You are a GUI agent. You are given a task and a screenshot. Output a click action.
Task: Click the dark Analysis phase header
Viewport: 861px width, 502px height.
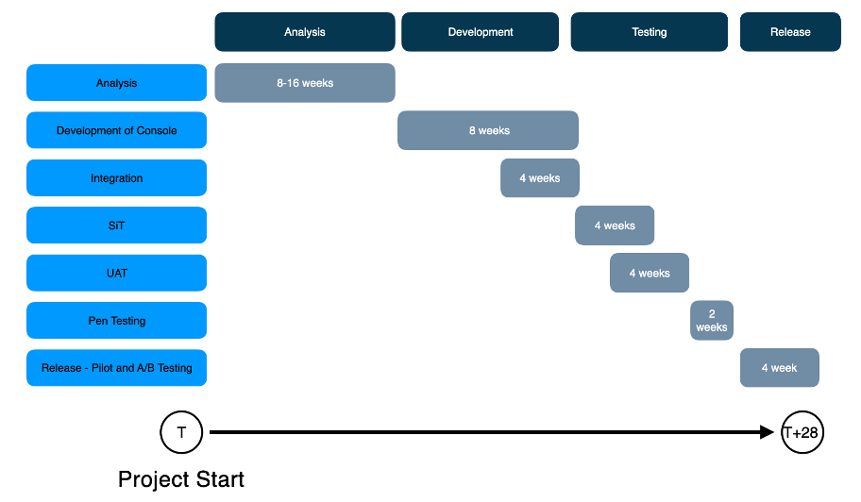point(305,32)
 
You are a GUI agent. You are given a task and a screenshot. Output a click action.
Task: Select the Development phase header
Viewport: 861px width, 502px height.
point(481,32)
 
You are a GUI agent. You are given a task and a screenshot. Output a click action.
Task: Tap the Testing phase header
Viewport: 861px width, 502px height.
point(649,32)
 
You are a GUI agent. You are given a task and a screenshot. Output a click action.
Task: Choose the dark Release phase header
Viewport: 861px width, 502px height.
point(790,32)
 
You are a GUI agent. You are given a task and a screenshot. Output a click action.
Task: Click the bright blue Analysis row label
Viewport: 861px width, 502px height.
point(116,83)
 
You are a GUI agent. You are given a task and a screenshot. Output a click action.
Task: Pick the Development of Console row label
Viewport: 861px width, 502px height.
point(116,130)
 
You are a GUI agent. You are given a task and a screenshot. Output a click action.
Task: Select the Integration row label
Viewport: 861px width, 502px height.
point(116,178)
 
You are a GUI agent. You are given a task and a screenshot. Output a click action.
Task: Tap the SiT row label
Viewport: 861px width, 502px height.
point(116,226)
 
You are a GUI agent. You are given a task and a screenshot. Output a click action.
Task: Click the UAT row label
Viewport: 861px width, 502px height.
point(116,274)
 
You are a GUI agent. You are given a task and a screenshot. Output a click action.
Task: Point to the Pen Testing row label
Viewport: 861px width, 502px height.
point(116,321)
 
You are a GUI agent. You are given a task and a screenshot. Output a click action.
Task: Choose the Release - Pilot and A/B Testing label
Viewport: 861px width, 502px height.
point(116,368)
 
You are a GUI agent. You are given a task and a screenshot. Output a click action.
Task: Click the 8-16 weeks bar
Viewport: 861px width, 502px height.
point(305,83)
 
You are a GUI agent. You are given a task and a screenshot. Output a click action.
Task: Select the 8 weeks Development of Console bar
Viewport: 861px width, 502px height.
point(488,130)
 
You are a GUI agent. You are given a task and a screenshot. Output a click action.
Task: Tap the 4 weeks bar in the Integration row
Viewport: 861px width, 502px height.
point(540,178)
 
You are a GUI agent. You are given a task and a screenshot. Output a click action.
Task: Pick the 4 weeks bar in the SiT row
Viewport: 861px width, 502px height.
point(615,226)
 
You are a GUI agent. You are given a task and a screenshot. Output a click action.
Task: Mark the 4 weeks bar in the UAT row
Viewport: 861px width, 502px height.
point(650,274)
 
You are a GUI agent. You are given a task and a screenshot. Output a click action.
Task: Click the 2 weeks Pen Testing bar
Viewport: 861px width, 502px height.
point(712,321)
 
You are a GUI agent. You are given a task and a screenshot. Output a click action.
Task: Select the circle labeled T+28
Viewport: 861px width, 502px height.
point(802,433)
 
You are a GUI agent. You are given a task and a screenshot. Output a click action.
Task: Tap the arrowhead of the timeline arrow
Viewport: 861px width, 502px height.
point(767,432)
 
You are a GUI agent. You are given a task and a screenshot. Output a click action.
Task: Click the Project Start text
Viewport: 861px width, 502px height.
point(181,479)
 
